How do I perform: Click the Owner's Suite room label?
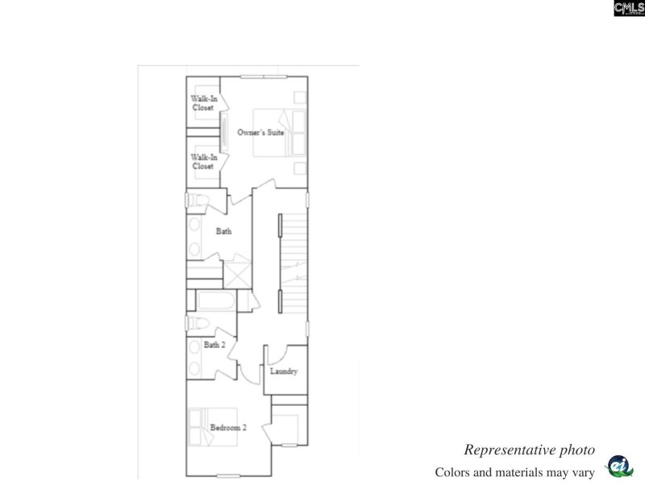click(x=260, y=131)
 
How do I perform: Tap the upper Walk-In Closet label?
click(x=203, y=102)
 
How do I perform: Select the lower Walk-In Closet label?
click(x=203, y=161)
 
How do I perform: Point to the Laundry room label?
click(x=284, y=371)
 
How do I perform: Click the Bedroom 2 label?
click(x=228, y=427)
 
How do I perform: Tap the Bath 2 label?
click(x=214, y=345)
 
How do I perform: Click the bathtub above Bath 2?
click(x=214, y=302)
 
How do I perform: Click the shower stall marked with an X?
click(x=239, y=273)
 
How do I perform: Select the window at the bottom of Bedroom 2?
click(x=231, y=475)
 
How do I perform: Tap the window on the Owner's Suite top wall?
click(x=263, y=77)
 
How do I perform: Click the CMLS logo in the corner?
click(x=629, y=8)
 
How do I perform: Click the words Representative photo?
click(x=529, y=450)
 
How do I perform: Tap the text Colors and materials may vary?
click(x=514, y=472)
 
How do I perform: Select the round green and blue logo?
click(x=619, y=467)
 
